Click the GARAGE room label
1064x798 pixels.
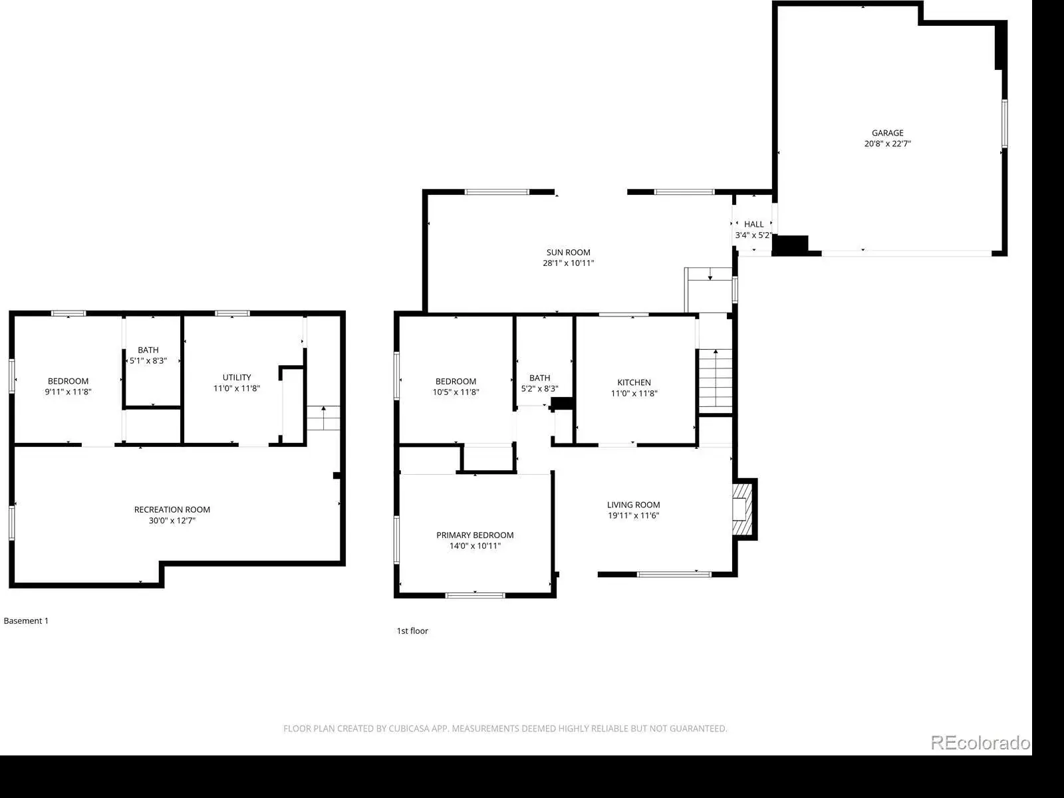[887, 133]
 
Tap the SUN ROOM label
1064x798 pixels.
[568, 253]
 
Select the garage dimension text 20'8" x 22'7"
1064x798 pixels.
[887, 144]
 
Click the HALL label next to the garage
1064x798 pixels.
[753, 224]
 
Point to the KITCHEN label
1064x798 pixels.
[634, 383]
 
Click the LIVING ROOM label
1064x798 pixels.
[633, 505]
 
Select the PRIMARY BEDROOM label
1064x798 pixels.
[475, 535]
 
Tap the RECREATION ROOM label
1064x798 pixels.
[172, 509]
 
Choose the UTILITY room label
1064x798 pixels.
[237, 378]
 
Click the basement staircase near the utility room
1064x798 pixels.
[323, 418]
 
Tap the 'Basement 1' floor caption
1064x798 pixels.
[26, 620]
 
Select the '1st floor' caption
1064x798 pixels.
[412, 631]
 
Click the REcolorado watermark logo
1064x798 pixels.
[980, 742]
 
